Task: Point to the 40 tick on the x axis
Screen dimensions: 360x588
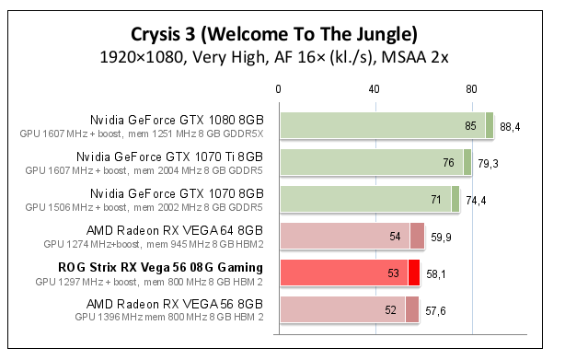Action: [x=375, y=89]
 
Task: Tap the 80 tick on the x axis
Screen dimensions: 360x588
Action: [x=471, y=89]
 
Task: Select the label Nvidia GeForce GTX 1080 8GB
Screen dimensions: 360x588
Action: [x=177, y=120]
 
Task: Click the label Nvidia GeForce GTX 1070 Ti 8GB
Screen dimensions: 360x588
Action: [x=169, y=157]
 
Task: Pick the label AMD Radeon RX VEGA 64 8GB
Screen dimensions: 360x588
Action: [x=175, y=230]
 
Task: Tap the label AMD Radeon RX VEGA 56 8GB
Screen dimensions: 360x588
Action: [x=175, y=304]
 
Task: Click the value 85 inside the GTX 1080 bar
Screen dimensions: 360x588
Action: [x=471, y=126]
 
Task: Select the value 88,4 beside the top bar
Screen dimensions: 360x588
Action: [x=510, y=126]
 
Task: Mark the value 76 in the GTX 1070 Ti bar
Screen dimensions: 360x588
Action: [x=449, y=163]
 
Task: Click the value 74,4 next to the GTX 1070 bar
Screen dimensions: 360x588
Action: [x=477, y=200]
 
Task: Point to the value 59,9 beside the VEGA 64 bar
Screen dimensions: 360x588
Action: [x=442, y=237]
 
